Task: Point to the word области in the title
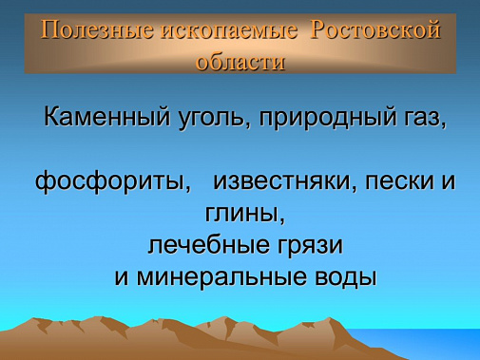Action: pyautogui.click(x=240, y=61)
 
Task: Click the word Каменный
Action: pyautogui.click(x=102, y=121)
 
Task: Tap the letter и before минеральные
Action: pyautogui.click(x=121, y=278)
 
